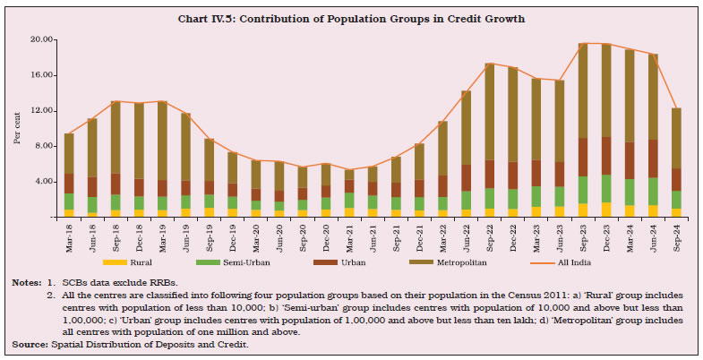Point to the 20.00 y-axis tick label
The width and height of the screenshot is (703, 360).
pyautogui.click(x=41, y=39)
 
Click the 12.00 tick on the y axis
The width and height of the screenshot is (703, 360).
pyautogui.click(x=41, y=110)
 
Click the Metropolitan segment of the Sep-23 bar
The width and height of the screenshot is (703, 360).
pyautogui.click(x=583, y=90)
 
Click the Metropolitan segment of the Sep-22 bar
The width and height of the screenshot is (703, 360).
pyautogui.click(x=490, y=112)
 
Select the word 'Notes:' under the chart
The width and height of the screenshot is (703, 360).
pyautogui.click(x=26, y=282)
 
